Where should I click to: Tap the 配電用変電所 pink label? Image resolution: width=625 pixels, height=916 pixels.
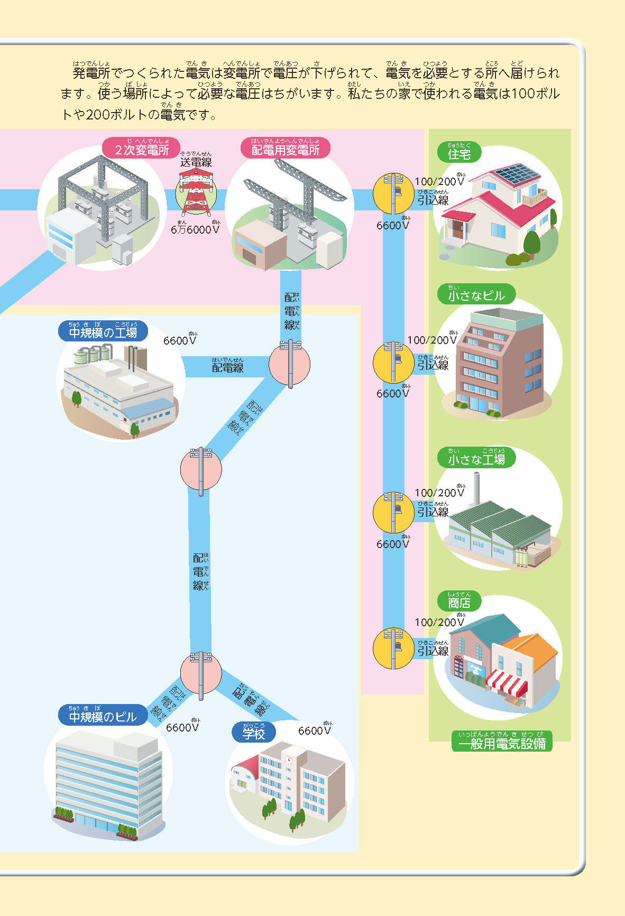(x=286, y=150)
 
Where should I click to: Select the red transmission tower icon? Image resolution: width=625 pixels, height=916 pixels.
(x=196, y=191)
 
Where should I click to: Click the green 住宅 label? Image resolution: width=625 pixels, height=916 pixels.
(x=459, y=154)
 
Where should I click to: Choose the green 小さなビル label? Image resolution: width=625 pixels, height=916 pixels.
(x=476, y=295)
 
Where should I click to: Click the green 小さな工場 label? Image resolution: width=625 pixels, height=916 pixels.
(x=476, y=459)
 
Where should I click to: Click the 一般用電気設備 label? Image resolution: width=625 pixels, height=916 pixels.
(x=501, y=744)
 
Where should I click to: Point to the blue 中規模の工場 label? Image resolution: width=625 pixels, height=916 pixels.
(x=103, y=332)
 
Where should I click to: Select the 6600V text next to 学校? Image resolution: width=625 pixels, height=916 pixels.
(x=315, y=730)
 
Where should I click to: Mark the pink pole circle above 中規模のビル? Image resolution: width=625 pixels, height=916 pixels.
(x=201, y=673)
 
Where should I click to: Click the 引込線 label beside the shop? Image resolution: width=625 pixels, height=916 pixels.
(x=433, y=651)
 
